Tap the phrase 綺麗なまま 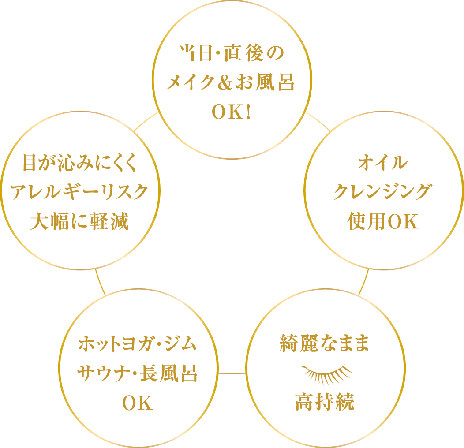coord(325,344)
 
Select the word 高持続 coord(325,402)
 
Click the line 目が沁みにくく coord(79,164)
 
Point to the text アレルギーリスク coord(79,193)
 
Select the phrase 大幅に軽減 coord(79,221)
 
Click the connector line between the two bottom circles coord(232,373)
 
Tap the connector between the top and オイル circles coord(318,121)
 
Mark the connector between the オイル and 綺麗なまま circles coord(363,282)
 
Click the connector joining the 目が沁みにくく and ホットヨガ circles coord(101,282)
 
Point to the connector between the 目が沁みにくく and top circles coord(145,121)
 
